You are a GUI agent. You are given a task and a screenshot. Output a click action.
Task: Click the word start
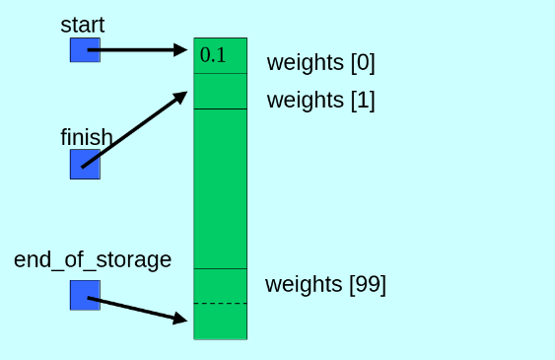83,24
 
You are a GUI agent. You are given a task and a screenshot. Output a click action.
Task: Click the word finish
87,137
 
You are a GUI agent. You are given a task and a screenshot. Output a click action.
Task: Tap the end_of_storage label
93,259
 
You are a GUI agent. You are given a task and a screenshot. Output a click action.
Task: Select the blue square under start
85,49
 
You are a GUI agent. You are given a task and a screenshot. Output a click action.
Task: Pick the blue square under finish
85,164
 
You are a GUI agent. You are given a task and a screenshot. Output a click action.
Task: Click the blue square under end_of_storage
85,294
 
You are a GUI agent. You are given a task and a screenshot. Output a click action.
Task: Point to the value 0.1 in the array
213,55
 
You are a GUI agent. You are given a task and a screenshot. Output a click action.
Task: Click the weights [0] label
320,63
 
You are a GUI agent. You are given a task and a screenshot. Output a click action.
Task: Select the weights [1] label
320,100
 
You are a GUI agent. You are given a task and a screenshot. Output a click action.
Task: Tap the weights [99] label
325,285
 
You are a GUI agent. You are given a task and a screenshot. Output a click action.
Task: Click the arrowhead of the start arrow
180,49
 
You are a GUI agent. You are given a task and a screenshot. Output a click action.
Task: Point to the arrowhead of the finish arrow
180,97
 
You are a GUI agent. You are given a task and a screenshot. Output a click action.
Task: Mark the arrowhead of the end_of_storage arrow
180,319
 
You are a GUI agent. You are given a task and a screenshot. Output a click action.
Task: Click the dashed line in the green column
220,304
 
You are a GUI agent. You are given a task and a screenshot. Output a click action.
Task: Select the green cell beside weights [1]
220,92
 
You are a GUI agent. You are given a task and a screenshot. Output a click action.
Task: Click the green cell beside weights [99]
220,286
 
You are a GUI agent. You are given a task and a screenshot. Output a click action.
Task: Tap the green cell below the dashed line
220,322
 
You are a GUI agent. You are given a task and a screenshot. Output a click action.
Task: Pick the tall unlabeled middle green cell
220,188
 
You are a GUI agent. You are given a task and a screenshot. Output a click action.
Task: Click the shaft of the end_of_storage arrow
133,308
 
